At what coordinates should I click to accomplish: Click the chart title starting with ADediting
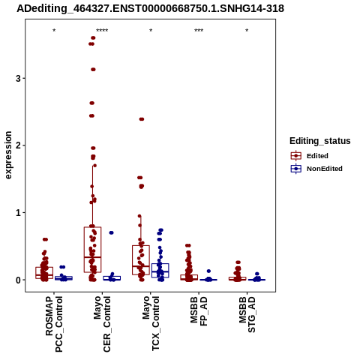(150, 8)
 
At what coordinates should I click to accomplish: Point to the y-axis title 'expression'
(8, 155)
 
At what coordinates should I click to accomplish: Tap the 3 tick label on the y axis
(18, 79)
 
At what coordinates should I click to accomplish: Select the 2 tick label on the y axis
(18, 145)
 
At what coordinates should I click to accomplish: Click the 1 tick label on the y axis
(18, 213)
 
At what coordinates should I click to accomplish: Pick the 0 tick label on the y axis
(18, 280)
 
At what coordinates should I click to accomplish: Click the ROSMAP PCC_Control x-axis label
(54, 324)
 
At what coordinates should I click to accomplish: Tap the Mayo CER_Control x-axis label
(102, 324)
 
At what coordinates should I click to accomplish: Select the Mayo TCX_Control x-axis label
(151, 323)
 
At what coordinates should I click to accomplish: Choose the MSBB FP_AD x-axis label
(199, 311)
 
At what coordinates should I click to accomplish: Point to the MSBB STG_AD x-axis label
(247, 314)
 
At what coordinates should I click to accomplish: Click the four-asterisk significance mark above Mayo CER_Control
(102, 31)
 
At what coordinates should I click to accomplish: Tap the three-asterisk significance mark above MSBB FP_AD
(199, 31)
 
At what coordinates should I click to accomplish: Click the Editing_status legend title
(320, 141)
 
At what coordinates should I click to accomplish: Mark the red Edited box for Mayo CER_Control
(92, 250)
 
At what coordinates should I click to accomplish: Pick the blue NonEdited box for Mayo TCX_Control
(160, 270)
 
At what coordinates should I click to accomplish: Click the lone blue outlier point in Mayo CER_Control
(111, 232)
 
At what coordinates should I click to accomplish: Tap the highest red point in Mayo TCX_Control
(142, 119)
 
